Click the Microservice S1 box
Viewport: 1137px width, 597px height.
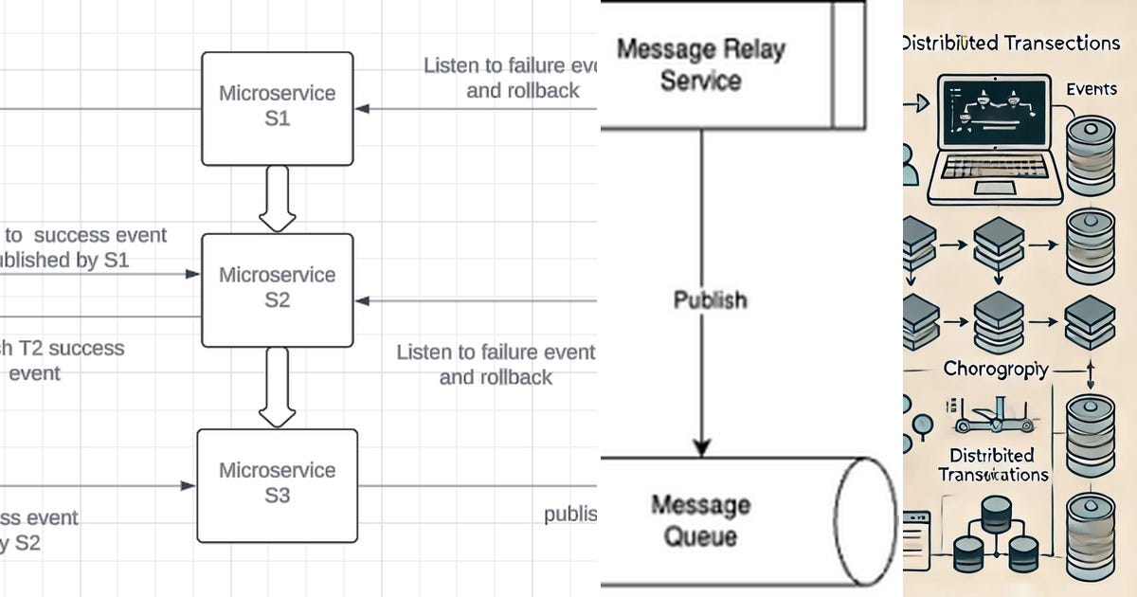[x=278, y=108]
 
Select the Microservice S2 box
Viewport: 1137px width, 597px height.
[x=278, y=288]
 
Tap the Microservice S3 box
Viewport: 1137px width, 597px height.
[x=278, y=483]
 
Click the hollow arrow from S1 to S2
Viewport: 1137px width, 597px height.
[x=278, y=198]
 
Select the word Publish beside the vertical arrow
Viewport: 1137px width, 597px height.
[x=710, y=299]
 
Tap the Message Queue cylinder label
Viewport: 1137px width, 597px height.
[x=700, y=520]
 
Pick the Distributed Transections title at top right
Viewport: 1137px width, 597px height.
[x=1009, y=43]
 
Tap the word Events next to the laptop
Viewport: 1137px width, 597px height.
[x=1092, y=89]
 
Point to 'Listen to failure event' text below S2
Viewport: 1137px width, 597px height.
[x=496, y=353]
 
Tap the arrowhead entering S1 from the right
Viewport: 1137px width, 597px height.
[x=363, y=108]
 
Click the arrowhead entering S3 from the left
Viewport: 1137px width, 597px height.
[x=189, y=486]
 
